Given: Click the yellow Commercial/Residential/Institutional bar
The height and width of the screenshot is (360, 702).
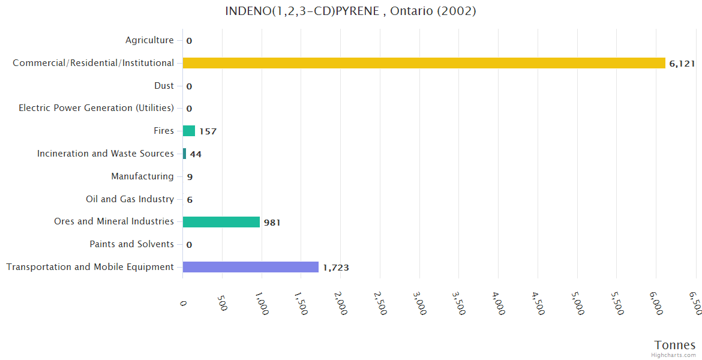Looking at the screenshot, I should click(424, 63).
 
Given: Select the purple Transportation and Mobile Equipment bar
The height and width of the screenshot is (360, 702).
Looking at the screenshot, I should click(250, 267).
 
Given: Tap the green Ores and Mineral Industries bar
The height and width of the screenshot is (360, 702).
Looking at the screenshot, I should click(221, 222).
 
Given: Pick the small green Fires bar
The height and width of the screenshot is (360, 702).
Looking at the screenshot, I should click(188, 131).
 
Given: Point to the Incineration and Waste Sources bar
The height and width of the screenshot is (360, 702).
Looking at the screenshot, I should click(184, 154).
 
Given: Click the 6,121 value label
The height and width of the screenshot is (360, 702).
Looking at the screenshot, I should click(682, 64).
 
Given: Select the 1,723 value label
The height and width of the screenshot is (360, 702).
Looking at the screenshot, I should click(335, 268).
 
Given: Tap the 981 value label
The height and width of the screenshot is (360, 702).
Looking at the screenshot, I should click(272, 223).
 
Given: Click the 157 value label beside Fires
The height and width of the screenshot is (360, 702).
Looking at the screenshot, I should click(208, 131).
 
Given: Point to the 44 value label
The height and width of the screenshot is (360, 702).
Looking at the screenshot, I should click(196, 154).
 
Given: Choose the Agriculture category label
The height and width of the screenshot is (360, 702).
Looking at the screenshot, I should click(149, 40).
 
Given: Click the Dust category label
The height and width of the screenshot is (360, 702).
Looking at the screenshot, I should click(164, 86).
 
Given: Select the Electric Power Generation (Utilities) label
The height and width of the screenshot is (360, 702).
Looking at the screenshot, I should click(96, 108).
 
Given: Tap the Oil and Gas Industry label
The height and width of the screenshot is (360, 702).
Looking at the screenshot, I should click(130, 199).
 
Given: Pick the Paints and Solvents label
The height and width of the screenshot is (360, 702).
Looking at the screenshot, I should click(131, 244).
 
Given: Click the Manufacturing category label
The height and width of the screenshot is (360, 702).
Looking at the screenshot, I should click(142, 176).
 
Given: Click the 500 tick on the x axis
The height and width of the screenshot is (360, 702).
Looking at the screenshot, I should click(222, 303).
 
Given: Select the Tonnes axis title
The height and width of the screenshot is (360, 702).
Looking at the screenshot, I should click(674, 345).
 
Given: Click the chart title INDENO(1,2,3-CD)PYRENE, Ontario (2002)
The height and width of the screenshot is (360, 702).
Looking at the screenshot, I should click(350, 11).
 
